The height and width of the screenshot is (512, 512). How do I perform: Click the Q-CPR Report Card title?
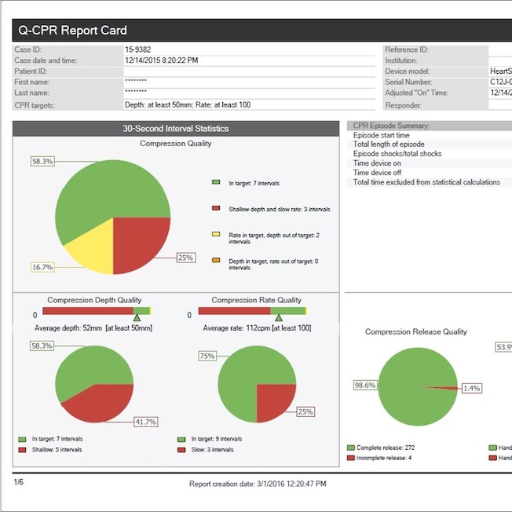click(70, 31)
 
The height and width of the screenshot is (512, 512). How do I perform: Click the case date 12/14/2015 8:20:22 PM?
click(161, 60)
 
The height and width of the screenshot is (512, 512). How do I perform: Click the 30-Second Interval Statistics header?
click(176, 128)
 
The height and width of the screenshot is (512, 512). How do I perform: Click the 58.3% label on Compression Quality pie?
click(42, 161)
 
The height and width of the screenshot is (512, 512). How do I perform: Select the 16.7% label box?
click(42, 267)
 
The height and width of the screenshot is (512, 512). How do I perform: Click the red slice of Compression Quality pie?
click(141, 240)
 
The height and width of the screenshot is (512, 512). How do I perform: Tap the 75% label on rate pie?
click(207, 356)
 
